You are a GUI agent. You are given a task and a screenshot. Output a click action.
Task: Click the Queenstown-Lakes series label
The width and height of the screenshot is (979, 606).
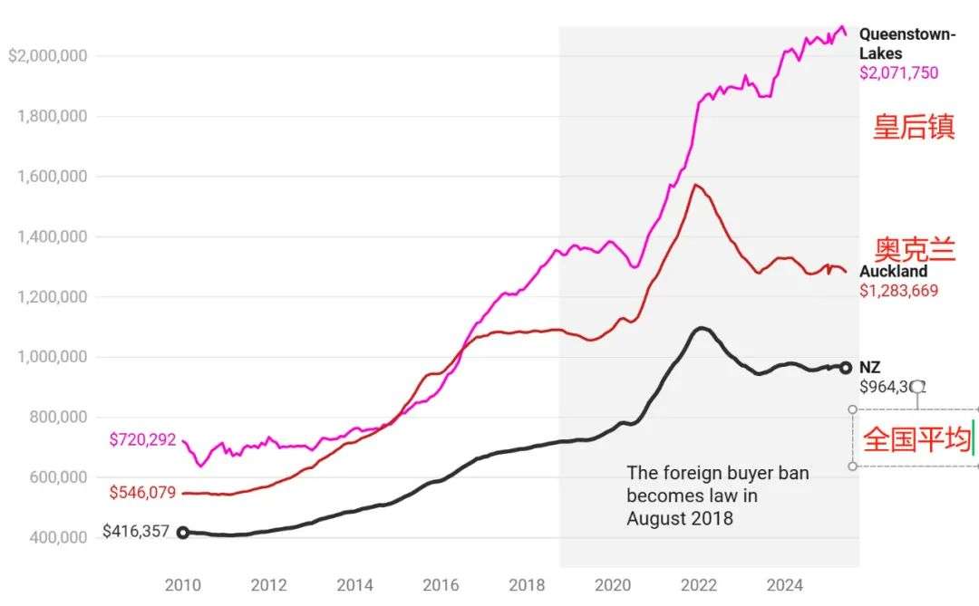[x=906, y=43]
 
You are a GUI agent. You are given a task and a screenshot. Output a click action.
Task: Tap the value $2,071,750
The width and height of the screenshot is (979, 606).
[x=898, y=73]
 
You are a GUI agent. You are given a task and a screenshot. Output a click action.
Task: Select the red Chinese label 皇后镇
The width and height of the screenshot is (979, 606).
[x=914, y=127]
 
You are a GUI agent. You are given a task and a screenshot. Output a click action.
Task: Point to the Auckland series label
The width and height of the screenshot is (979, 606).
[x=893, y=272]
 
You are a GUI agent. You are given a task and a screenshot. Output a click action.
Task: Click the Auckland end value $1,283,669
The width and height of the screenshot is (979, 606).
[x=898, y=291]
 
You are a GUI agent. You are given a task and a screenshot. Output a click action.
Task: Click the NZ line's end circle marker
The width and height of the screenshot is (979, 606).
[x=846, y=367]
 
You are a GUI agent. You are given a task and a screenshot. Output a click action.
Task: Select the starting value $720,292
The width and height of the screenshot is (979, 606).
[x=142, y=440]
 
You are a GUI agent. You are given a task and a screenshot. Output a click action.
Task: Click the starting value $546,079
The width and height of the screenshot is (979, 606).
[x=142, y=494]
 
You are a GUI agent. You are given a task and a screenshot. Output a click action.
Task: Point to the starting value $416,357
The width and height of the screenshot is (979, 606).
[x=136, y=531]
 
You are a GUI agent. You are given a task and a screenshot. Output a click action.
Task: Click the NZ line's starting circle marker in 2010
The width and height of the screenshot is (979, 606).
[x=183, y=533]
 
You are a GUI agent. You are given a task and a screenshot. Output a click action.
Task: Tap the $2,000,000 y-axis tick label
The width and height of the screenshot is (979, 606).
[x=47, y=56]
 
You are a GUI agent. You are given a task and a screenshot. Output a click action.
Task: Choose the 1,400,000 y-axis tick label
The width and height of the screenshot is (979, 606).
[x=53, y=237]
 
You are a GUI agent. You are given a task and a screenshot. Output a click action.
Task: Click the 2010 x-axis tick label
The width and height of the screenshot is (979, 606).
[x=183, y=585]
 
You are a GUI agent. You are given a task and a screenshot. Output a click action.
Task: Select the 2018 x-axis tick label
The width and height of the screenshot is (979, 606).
[x=527, y=585]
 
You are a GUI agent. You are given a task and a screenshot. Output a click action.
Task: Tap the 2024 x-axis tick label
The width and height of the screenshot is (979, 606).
[x=785, y=585]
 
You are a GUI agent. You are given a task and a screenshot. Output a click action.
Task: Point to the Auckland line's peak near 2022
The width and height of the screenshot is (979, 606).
[x=696, y=185]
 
